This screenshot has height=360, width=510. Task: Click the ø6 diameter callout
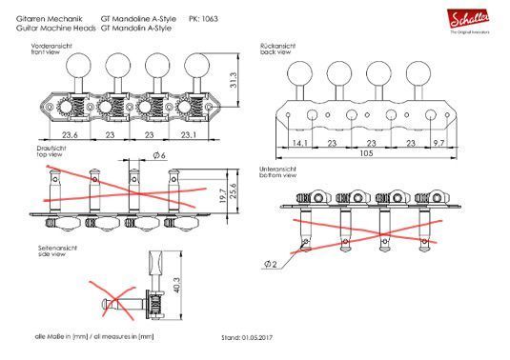click(x=159, y=155)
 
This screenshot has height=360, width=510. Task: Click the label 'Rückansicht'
click(x=276, y=45)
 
